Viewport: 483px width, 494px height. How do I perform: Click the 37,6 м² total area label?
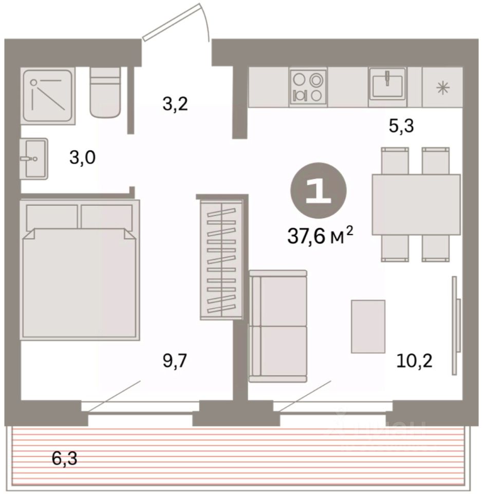coord(320,236)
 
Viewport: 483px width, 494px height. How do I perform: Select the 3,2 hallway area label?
coord(175,104)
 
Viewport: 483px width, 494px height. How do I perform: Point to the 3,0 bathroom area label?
coord(82,157)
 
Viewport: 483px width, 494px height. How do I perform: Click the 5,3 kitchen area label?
coord(401,126)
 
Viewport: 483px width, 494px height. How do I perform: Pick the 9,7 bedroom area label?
coord(175,361)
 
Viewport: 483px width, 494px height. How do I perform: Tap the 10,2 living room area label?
coord(415,361)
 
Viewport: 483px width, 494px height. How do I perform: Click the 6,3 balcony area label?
coord(65,458)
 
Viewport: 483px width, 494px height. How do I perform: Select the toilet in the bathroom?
coord(105,93)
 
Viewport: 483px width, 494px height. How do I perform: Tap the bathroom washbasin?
coord(34,159)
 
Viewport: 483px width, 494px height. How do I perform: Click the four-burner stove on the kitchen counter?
coord(308,87)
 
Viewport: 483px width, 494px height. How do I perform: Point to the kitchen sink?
coord(387,84)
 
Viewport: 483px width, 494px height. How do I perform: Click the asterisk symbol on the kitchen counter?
coord(443,88)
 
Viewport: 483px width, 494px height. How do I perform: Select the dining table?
coord(416,204)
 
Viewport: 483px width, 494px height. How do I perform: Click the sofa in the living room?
coord(278,326)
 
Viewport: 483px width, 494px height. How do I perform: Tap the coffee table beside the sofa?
coord(368,326)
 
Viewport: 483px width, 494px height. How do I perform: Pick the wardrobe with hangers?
coord(221,259)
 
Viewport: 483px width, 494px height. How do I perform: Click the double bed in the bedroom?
coord(80,270)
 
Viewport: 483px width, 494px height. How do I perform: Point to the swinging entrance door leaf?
coord(171,22)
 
